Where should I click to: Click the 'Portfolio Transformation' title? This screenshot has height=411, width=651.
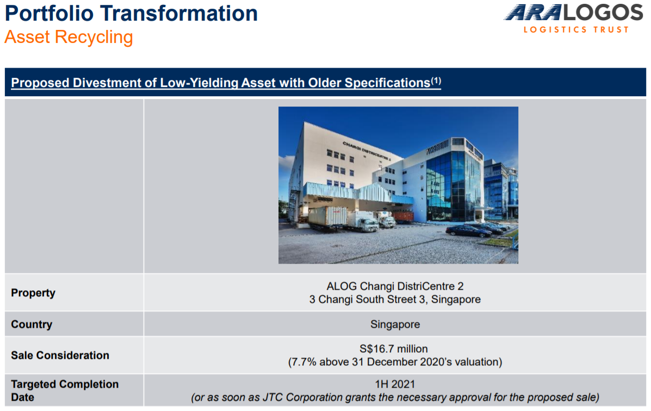pyautogui.click(x=131, y=13)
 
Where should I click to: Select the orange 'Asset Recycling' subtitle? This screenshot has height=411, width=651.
pyautogui.click(x=69, y=37)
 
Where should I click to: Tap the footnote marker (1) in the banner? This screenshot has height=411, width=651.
pyautogui.click(x=436, y=80)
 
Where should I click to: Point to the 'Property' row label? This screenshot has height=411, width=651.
pyautogui.click(x=33, y=292)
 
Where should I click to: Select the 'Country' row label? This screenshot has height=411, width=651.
pyautogui.click(x=32, y=324)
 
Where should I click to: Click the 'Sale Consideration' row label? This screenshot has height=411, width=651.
pyautogui.click(x=60, y=356)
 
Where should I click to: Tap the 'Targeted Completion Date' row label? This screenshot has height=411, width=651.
pyautogui.click(x=65, y=391)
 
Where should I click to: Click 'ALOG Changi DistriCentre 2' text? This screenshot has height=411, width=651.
pyautogui.click(x=395, y=286)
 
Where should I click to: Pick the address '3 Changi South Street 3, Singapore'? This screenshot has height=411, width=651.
pyautogui.click(x=395, y=300)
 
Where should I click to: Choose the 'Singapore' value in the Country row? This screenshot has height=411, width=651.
pyautogui.click(x=395, y=324)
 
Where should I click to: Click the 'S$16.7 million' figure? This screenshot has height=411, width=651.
pyautogui.click(x=394, y=348)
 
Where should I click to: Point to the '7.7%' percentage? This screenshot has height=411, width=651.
pyautogui.click(x=305, y=362)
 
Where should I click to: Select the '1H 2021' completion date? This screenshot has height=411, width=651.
pyautogui.click(x=395, y=384)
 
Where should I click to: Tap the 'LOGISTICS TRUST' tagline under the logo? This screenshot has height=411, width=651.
pyautogui.click(x=576, y=29)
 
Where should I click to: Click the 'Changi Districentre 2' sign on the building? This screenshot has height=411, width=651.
pyautogui.click(x=367, y=151)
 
